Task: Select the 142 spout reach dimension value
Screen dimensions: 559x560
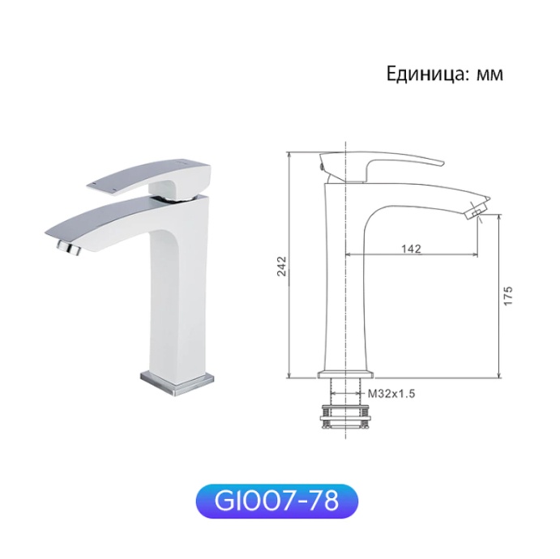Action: [412, 249]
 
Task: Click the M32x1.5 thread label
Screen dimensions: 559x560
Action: [391, 393]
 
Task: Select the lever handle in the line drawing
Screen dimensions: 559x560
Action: [381, 161]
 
